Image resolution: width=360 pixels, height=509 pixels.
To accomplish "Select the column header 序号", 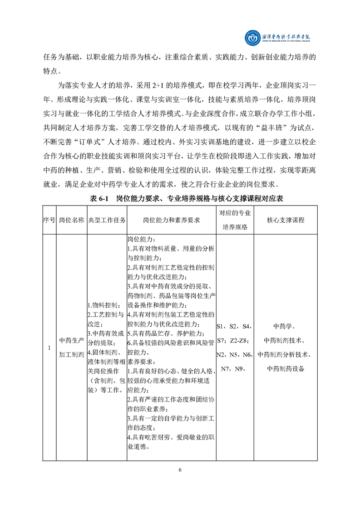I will click(49, 220).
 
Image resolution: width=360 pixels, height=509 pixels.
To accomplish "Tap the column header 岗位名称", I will click(72, 220).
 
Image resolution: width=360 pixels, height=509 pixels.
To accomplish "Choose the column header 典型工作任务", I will click(107, 220).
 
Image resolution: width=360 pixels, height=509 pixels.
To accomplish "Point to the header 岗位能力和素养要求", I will click(172, 220).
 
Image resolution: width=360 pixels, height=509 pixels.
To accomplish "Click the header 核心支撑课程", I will click(286, 220).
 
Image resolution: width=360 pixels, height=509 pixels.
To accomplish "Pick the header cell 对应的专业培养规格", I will click(235, 220).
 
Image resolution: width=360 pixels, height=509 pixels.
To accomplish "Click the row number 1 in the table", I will click(49, 347).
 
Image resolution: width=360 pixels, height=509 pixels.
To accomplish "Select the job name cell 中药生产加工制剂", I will click(72, 347).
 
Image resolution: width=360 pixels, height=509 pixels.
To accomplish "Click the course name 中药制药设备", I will click(286, 368).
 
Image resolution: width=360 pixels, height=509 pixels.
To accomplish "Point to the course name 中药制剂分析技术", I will click(286, 354).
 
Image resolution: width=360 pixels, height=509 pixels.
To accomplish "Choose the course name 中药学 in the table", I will click(286, 326).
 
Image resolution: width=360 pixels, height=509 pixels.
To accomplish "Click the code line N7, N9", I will click(233, 368).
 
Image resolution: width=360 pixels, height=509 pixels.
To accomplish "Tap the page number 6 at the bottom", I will click(180, 470).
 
